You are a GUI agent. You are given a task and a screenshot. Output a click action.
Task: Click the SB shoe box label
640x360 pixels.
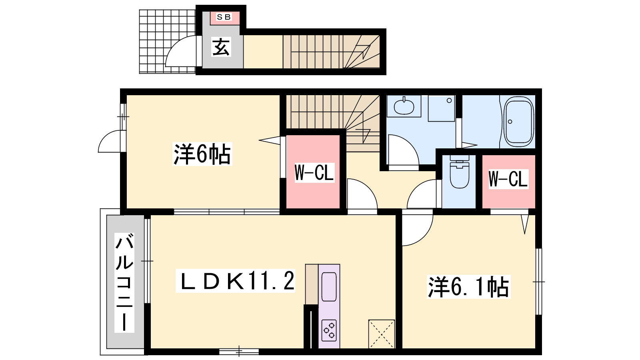click(x=224, y=17)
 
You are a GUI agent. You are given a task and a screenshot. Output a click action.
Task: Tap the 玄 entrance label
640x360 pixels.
click(x=221, y=48)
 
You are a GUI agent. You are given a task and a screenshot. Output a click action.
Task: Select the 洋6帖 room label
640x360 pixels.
click(x=202, y=154)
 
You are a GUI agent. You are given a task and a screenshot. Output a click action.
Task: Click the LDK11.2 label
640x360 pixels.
click(x=235, y=281)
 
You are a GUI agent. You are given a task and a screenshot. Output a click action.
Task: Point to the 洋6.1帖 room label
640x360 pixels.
click(x=468, y=287)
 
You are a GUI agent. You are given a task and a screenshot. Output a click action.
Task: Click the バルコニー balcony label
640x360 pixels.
click(x=124, y=282)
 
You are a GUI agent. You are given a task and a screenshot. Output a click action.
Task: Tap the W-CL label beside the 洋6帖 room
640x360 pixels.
click(x=314, y=173)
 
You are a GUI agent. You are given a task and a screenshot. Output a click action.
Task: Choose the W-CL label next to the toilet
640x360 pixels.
click(x=508, y=179)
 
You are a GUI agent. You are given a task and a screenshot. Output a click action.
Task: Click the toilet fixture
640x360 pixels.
click(x=460, y=172)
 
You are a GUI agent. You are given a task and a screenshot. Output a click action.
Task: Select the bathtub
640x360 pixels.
click(x=518, y=122)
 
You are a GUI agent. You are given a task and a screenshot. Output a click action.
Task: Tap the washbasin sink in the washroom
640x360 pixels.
click(x=404, y=107)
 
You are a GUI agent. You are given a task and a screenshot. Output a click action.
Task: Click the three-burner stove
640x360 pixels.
click(x=329, y=330)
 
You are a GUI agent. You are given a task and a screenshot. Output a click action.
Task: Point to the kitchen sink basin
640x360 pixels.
click(x=329, y=286)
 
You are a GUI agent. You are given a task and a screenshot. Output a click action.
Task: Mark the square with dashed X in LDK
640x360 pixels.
click(x=382, y=334)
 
